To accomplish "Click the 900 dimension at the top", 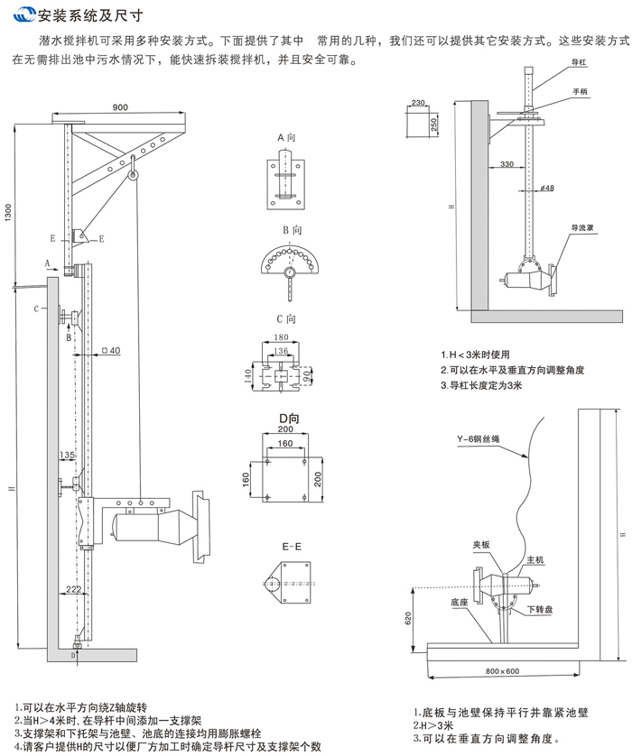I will coord(120,107).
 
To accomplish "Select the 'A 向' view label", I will coord(286,137).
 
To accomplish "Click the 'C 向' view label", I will coord(286,318).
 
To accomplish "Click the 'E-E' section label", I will coord(285,545).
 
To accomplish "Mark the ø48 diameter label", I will coord(547,187).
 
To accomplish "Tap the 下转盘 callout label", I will coord(537,609).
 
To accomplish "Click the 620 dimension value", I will coord(409,616).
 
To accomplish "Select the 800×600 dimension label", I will coord(501,671).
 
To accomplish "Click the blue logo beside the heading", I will coord(22,15).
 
